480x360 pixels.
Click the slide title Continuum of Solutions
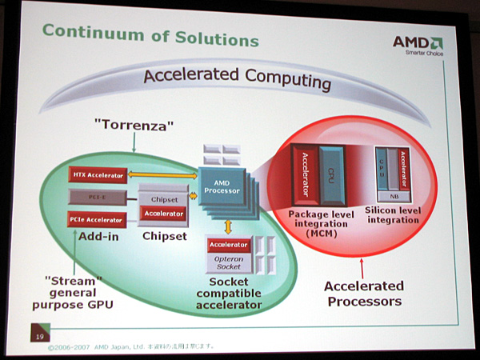point(150,36)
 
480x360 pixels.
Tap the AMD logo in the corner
point(417,44)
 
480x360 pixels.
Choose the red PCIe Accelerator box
point(96,219)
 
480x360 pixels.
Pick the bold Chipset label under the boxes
point(163,236)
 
